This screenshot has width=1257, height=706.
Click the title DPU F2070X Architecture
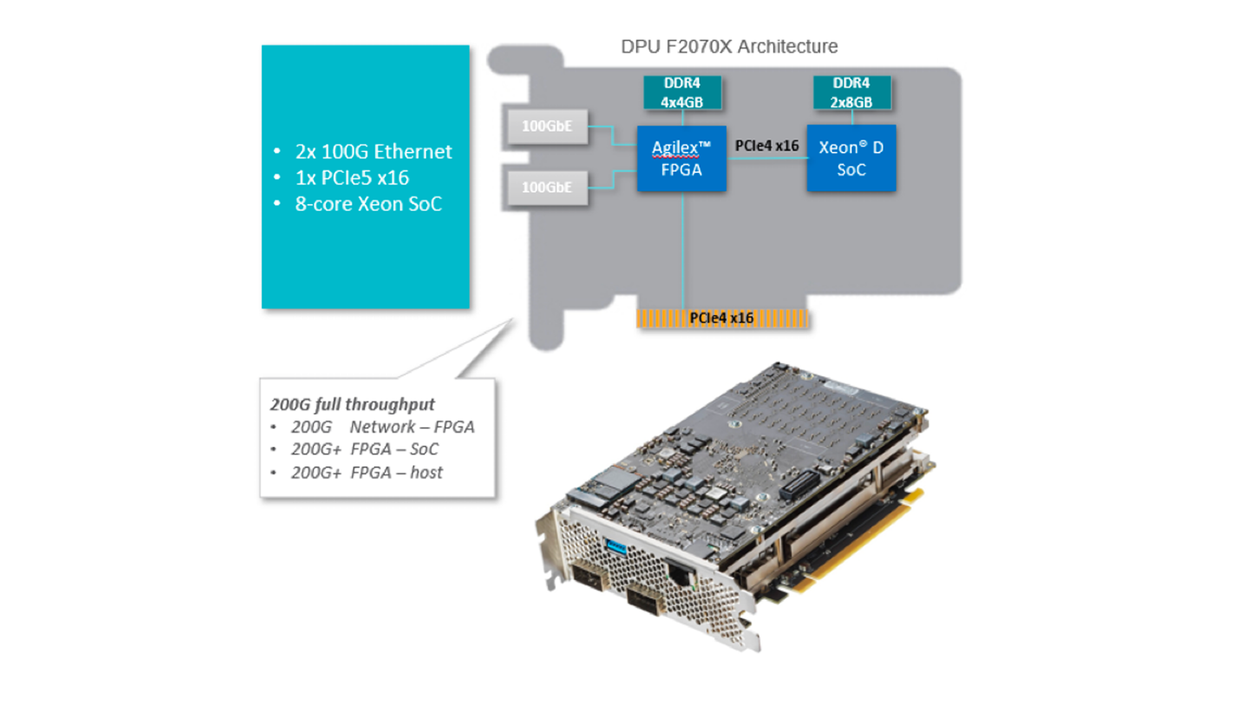tap(729, 46)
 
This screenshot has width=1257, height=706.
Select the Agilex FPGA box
tap(682, 158)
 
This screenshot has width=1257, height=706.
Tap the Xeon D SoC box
tap(851, 158)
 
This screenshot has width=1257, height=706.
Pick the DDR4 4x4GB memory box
tap(682, 92)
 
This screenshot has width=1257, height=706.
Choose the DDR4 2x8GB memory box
tap(852, 92)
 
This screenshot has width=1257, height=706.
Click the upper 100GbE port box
tap(547, 126)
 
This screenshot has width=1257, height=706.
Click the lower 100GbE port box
tap(547, 187)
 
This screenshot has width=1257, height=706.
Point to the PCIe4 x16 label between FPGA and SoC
tap(767, 146)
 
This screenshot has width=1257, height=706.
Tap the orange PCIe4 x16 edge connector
tap(722, 318)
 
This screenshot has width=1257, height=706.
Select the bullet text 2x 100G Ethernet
tap(373, 152)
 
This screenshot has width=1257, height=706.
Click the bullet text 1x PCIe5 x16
tap(352, 178)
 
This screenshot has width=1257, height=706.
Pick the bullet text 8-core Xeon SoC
tap(369, 204)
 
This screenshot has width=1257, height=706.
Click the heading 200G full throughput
tap(352, 405)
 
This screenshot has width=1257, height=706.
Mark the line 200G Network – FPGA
tap(383, 427)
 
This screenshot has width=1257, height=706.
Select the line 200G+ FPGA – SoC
tap(365, 449)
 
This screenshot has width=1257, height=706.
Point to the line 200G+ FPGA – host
tap(367, 473)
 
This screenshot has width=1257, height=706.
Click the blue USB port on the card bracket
tap(616, 547)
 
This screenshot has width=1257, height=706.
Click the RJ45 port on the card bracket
tap(681, 576)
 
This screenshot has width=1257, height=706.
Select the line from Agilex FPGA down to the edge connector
tap(683, 250)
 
